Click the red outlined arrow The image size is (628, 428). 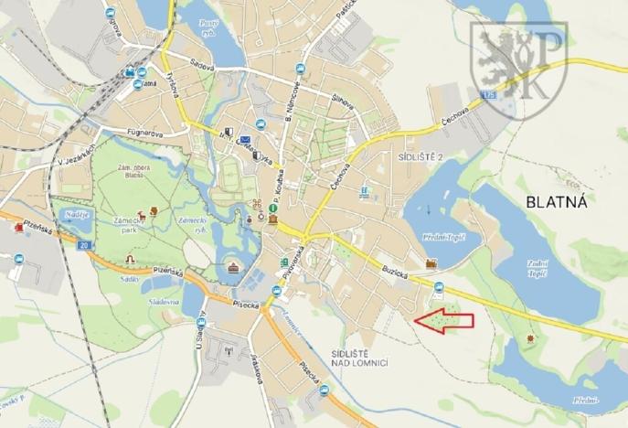click(445, 320)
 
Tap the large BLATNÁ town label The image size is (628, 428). click(555, 200)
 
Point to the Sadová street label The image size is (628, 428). click(190, 67)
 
